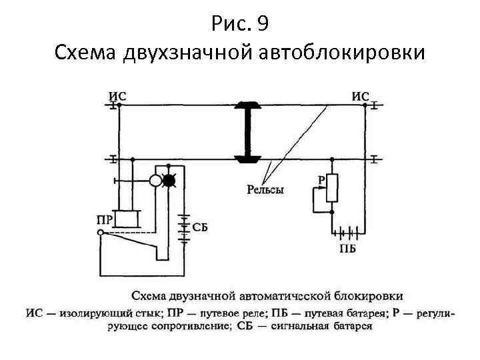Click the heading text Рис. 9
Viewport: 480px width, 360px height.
(x=239, y=25)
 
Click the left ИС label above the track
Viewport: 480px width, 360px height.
(x=117, y=95)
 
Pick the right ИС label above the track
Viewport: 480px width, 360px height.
(x=360, y=96)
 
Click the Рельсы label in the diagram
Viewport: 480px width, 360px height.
(x=265, y=190)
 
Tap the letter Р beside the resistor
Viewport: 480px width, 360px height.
(x=321, y=179)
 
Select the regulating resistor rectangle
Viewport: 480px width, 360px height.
(x=332, y=189)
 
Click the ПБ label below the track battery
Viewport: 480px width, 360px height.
(x=347, y=249)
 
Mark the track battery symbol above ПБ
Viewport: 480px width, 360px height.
(x=349, y=233)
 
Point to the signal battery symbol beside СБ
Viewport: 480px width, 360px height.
(x=184, y=227)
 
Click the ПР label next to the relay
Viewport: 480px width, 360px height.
(x=104, y=218)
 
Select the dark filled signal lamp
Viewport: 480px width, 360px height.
(x=170, y=180)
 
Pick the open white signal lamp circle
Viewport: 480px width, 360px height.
(x=155, y=180)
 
